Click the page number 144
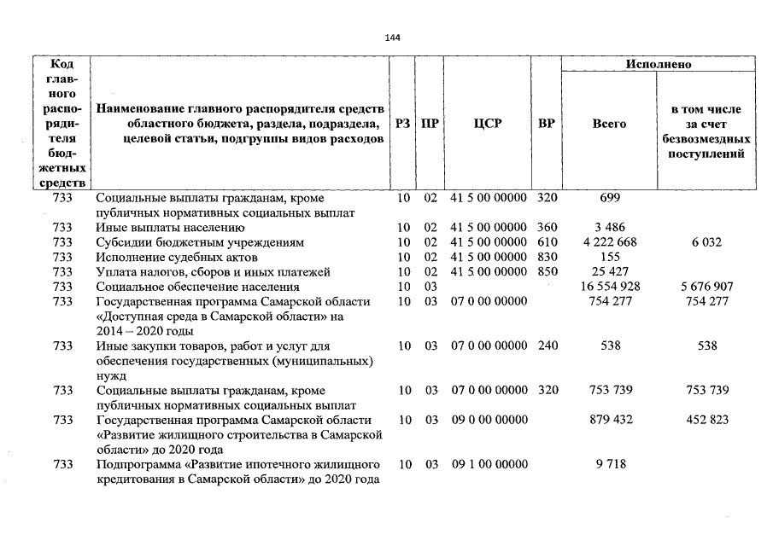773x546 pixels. (392, 38)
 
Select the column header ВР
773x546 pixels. (547, 124)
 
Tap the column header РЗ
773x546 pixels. (404, 124)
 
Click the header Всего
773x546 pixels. (609, 124)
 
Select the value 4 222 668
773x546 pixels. (609, 242)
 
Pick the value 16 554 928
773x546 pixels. (609, 287)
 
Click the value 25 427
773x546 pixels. (609, 272)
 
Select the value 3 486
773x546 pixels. (609, 228)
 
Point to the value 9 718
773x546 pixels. (609, 464)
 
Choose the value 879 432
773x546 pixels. (609, 420)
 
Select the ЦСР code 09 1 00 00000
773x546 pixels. (489, 464)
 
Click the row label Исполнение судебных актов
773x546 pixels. (177, 257)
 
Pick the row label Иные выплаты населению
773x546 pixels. (171, 228)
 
